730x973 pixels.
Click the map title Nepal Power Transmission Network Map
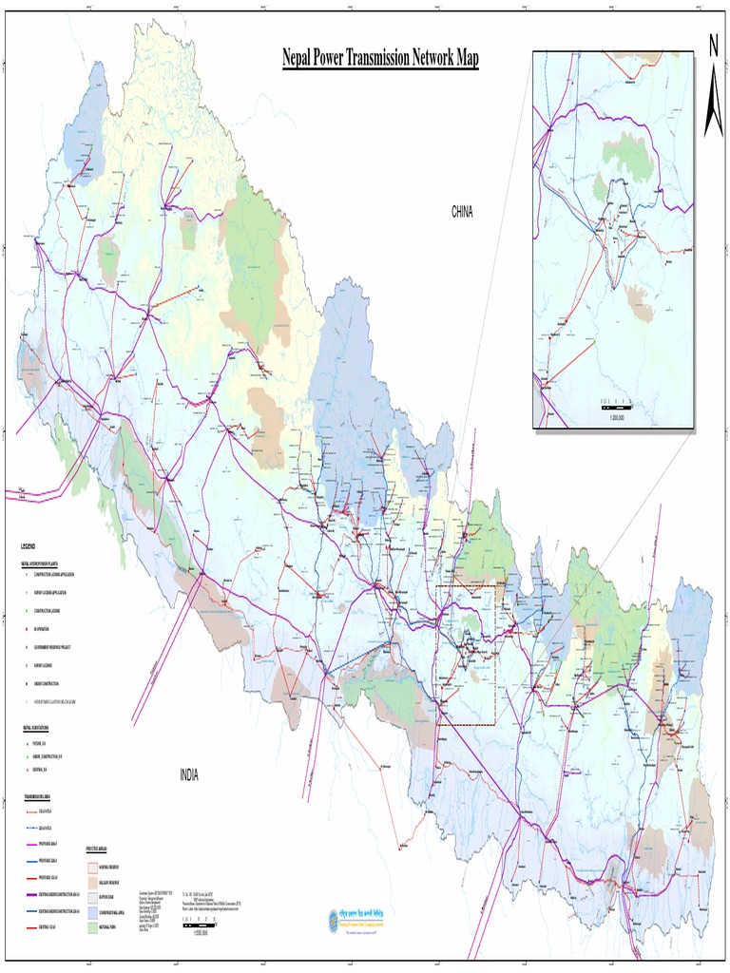point(380,60)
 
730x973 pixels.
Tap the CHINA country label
point(462,212)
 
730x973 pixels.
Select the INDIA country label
point(189,775)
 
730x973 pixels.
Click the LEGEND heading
point(29,546)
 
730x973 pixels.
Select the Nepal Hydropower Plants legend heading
point(40,563)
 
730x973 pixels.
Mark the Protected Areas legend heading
point(101,849)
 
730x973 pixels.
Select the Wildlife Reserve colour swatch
point(93,883)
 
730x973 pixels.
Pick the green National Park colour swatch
point(93,927)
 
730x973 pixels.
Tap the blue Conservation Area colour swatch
point(93,912)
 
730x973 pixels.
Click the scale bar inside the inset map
point(617,407)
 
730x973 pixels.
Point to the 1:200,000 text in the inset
point(617,417)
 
